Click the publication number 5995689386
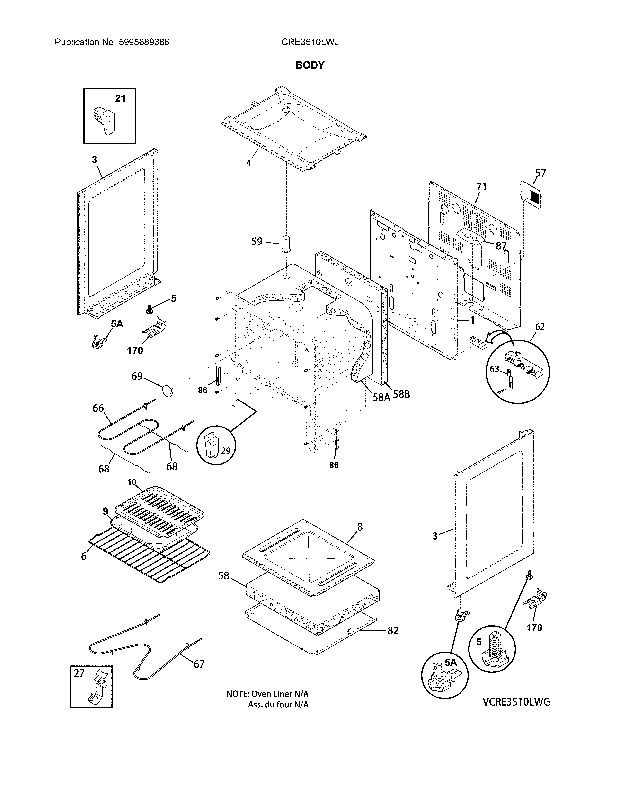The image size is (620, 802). [144, 42]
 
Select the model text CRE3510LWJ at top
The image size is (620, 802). [310, 42]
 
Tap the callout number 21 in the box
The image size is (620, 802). [120, 98]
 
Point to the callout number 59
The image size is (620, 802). [257, 242]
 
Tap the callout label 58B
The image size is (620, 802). [401, 395]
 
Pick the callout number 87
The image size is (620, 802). [501, 246]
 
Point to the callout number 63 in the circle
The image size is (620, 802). [494, 369]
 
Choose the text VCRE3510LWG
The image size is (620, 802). [516, 702]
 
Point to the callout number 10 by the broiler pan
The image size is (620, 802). [132, 482]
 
